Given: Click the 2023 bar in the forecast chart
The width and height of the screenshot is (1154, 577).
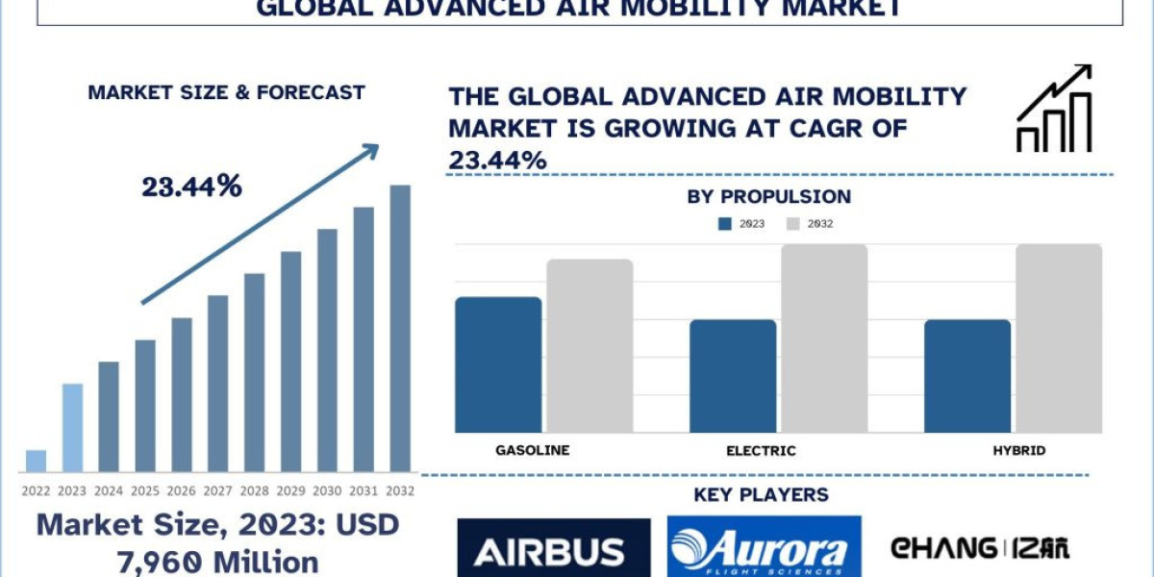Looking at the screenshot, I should [72, 428].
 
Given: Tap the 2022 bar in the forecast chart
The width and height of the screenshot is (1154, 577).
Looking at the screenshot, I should [37, 462].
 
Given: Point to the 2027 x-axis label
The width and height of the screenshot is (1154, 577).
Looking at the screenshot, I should [217, 490].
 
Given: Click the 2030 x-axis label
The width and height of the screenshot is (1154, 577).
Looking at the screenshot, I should [327, 490].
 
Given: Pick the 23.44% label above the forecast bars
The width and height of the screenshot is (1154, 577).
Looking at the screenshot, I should [192, 188].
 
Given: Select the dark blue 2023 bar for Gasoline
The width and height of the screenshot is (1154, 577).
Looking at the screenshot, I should [498, 364].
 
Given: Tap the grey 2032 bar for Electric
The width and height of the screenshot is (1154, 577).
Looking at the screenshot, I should [824, 338].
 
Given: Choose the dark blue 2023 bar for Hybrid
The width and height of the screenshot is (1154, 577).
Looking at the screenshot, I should [967, 376].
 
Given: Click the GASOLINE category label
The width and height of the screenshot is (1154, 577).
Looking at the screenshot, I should [533, 450].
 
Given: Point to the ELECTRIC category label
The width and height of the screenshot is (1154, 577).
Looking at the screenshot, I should [761, 450].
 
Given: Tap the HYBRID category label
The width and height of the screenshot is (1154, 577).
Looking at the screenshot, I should [1019, 450].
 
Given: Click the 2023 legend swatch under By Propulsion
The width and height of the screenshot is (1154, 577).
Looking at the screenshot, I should [725, 224].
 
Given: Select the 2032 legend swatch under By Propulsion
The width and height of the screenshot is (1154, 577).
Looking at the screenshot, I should [793, 224].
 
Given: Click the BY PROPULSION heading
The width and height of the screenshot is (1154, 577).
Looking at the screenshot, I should [768, 197].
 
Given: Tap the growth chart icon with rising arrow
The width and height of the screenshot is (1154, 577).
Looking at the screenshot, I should [1054, 109].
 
